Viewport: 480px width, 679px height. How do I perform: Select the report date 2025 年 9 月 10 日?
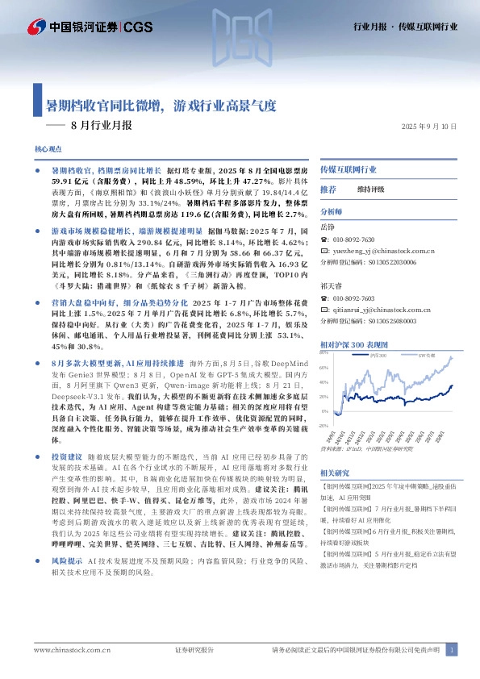(x=429, y=127)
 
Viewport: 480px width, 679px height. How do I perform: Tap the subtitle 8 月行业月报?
(x=101, y=126)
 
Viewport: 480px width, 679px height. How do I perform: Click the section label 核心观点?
(x=48, y=150)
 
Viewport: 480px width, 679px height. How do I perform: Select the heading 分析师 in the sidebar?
(x=332, y=211)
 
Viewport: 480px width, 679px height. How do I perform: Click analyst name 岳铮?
(x=327, y=227)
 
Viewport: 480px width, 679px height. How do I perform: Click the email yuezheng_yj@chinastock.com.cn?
(x=383, y=252)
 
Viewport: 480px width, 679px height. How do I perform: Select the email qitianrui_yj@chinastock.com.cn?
(x=383, y=309)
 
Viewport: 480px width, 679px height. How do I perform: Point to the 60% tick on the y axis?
(x=323, y=368)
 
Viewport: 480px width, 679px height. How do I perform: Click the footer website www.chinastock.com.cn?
(x=66, y=650)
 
